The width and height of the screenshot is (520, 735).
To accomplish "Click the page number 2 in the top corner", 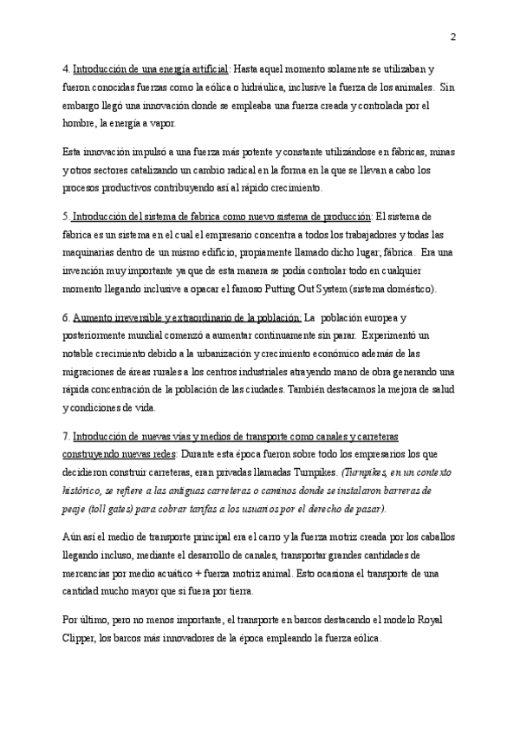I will (453, 36).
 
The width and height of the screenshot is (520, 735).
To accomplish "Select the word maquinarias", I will (91, 254).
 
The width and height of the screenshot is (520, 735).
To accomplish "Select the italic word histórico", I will (85, 491).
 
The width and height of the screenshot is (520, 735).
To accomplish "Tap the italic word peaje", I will (77, 510).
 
